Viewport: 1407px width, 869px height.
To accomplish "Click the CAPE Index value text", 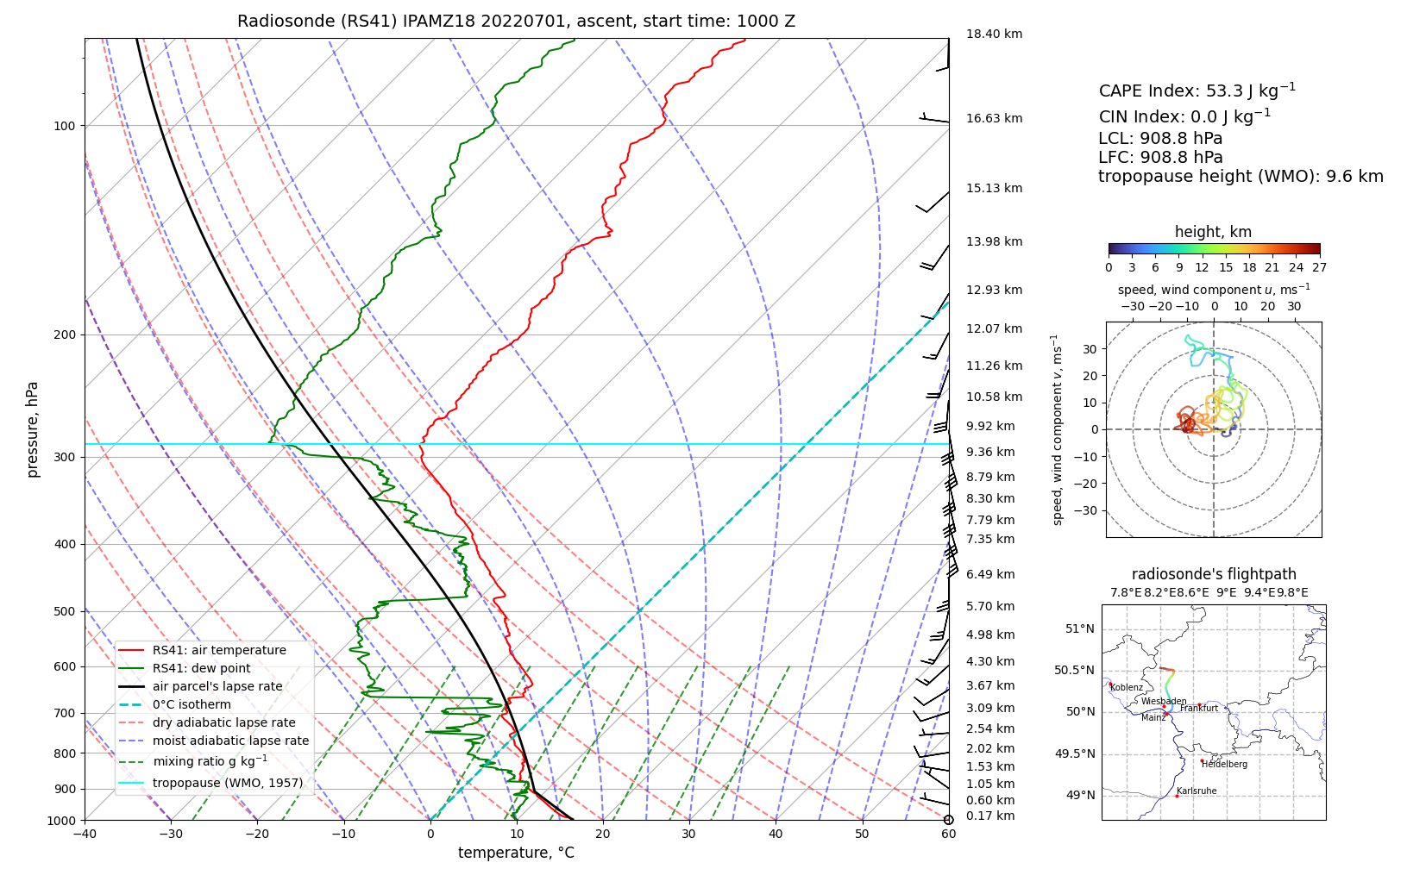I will [x=1197, y=91].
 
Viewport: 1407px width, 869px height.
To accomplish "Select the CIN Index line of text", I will [x=1184, y=116].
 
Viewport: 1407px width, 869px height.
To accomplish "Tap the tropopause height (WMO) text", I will [x=1241, y=177].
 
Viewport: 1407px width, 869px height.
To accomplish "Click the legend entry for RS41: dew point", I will [x=201, y=668].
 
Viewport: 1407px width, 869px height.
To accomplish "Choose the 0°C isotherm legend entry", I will [x=192, y=704].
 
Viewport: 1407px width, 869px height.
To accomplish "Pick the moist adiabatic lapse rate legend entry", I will [x=230, y=741].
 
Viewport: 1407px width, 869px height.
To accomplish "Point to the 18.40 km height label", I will [x=994, y=34].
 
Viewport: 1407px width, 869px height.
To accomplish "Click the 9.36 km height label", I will [x=990, y=452].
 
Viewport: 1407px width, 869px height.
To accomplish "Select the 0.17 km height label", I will [x=990, y=816].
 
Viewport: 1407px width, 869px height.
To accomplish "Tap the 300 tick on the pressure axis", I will [x=65, y=458].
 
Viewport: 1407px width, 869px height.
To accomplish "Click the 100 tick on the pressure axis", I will [x=65, y=126].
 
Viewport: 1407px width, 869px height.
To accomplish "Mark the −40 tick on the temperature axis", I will [x=85, y=833].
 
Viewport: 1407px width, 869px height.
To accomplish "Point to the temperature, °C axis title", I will [x=516, y=853].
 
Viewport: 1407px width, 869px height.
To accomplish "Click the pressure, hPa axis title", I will [x=33, y=429].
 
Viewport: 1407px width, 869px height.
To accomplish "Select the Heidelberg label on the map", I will [x=1224, y=764].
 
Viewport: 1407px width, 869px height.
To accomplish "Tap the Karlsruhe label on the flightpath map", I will [x=1197, y=791].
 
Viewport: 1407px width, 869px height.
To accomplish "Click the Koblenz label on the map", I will [x=1127, y=688].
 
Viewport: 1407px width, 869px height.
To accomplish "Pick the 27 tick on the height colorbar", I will [x=1319, y=267].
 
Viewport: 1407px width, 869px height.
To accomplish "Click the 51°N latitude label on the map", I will [x=1079, y=628].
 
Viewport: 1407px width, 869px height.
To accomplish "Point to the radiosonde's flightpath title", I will [x=1214, y=574].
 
